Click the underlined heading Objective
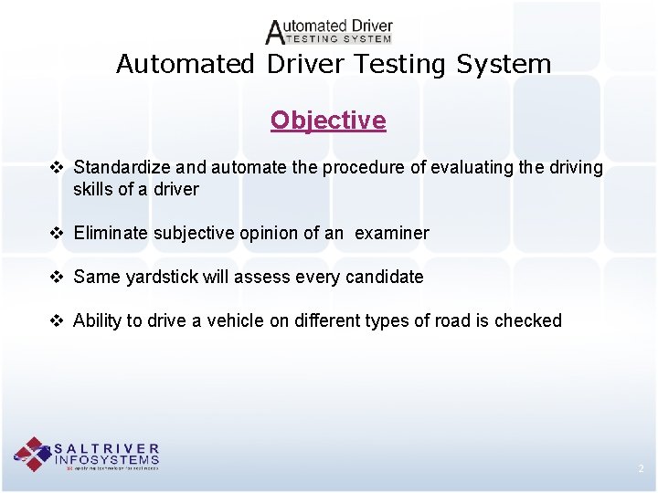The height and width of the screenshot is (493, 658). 328,121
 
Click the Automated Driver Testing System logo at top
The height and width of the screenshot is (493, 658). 329,32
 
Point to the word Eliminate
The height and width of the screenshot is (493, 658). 110,233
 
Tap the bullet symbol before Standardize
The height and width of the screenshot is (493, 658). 57,168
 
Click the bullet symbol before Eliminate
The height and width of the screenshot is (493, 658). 57,233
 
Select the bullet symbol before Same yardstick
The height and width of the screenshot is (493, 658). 57,277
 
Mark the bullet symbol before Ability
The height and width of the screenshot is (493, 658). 57,320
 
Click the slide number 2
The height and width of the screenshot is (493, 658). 641,469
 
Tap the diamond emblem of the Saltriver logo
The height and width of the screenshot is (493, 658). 33,454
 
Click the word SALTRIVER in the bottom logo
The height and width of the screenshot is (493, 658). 107,448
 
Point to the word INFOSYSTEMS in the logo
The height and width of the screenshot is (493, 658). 107,459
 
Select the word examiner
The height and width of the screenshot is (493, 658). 391,233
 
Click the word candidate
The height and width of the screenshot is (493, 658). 385,277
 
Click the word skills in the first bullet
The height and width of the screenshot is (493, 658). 96,190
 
